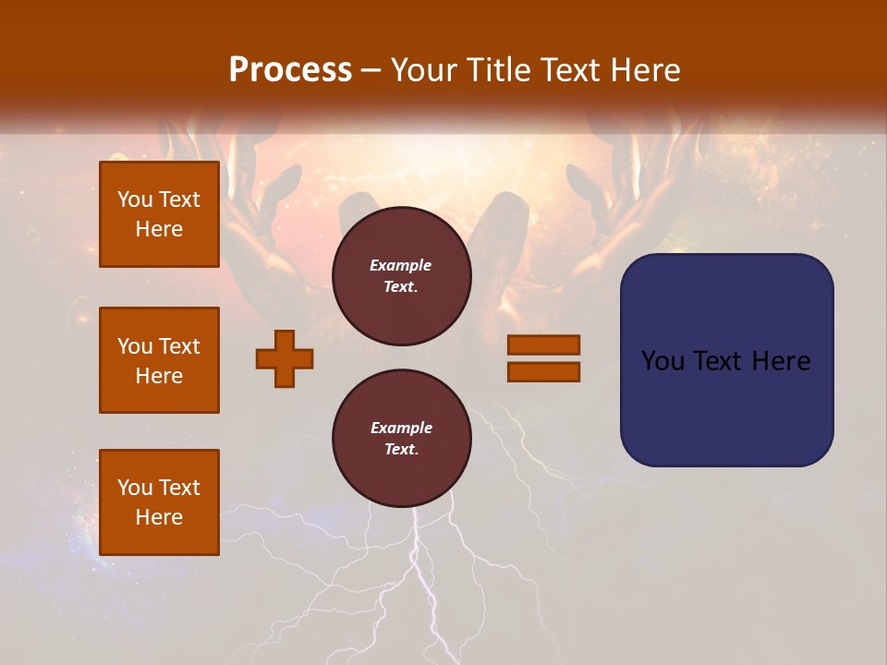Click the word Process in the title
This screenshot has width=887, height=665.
pyautogui.click(x=290, y=70)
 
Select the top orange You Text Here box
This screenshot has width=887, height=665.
pyautogui.click(x=159, y=214)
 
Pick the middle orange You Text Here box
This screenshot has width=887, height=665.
pyautogui.click(x=159, y=360)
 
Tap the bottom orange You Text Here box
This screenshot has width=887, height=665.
pyautogui.click(x=159, y=502)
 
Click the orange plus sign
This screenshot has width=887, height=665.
pyautogui.click(x=285, y=358)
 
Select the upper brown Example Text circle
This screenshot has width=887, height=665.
pyautogui.click(x=401, y=276)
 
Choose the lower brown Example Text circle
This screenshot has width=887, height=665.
pyautogui.click(x=401, y=438)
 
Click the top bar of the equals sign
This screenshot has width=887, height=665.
pyautogui.click(x=543, y=345)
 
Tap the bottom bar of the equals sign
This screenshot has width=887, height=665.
pyautogui.click(x=543, y=372)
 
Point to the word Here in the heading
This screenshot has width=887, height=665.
pyautogui.click(x=644, y=70)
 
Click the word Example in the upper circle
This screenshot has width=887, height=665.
pyautogui.click(x=401, y=265)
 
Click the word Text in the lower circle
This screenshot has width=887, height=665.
pyautogui.click(x=401, y=450)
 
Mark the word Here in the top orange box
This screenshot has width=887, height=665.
pyautogui.click(x=159, y=229)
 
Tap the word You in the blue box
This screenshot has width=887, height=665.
pyautogui.click(x=662, y=361)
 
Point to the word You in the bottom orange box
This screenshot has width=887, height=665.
pyautogui.click(x=135, y=488)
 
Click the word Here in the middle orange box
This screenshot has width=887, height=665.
pyautogui.click(x=159, y=376)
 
